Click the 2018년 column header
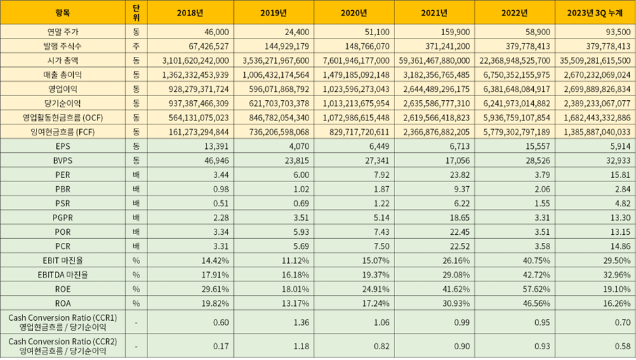pyautogui.click(x=190, y=13)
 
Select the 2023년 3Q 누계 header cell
pyautogui.click(x=595, y=13)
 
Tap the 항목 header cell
pyautogui.click(x=63, y=13)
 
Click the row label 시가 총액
pyautogui.click(x=63, y=60)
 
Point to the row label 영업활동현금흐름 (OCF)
pyautogui.click(x=63, y=118)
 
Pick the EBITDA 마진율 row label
pyautogui.click(x=63, y=275)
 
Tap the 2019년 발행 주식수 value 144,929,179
pyautogui.click(x=287, y=46)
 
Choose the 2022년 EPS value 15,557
pyautogui.click(x=538, y=146)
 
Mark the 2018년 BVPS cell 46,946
pyautogui.click(x=217, y=161)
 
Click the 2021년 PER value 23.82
pyautogui.click(x=459, y=175)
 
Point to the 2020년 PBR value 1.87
pyautogui.click(x=382, y=189)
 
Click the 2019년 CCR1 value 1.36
pyautogui.click(x=301, y=323)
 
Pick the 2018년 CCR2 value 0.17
pyautogui.click(x=221, y=346)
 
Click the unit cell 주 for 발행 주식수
pyautogui.click(x=136, y=46)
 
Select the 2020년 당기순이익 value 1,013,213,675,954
pyautogui.click(x=356, y=104)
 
